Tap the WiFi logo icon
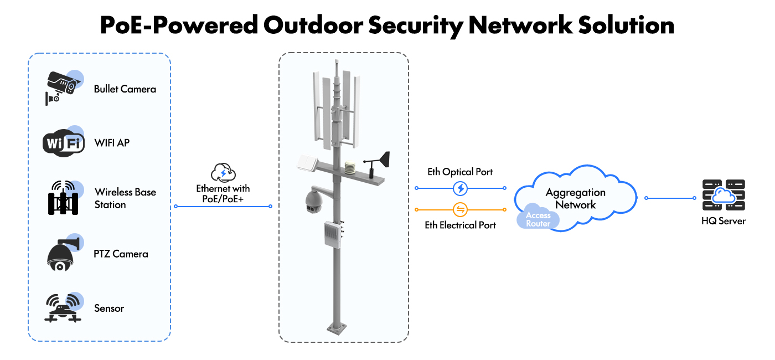(x=63, y=143)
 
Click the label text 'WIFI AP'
(x=112, y=143)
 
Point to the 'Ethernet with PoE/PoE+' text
(x=223, y=194)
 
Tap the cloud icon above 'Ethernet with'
(x=223, y=173)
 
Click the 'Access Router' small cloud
(x=538, y=219)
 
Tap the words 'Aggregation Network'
(x=576, y=199)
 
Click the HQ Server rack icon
(x=724, y=195)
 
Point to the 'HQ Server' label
(x=723, y=221)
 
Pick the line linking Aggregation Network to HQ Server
(x=670, y=198)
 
